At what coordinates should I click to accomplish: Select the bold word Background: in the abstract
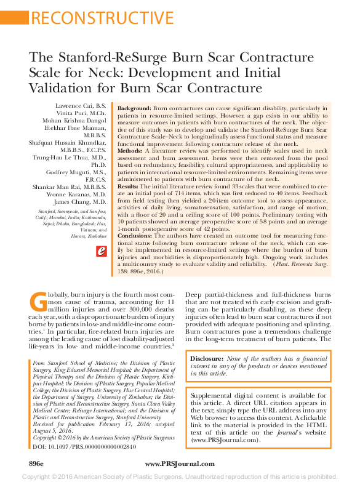pos(135,108)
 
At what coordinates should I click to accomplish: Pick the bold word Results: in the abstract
pos(130,185)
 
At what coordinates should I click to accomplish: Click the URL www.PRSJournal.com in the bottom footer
pos(179,462)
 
